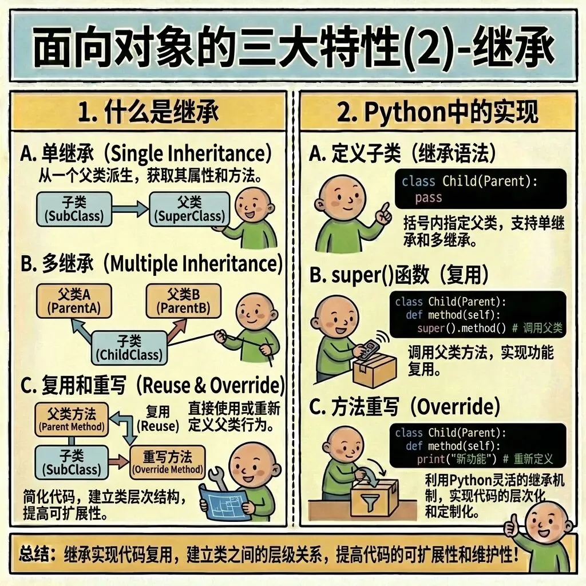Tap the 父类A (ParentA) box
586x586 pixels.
(x=74, y=302)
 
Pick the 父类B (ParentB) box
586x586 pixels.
(x=184, y=302)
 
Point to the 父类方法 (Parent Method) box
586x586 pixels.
(x=72, y=419)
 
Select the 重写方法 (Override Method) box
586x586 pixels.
(x=168, y=462)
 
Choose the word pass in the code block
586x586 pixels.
(x=429, y=198)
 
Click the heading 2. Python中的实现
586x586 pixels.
(x=437, y=113)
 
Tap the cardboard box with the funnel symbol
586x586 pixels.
(x=374, y=497)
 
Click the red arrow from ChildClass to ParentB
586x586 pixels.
(x=174, y=329)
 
